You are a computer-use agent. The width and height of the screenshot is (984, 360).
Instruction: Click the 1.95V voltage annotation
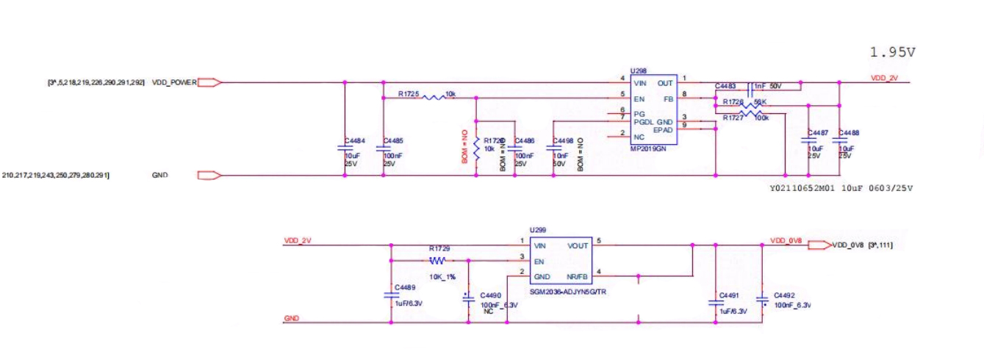click(x=892, y=52)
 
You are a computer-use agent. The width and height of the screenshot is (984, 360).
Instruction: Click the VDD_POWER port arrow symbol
click(x=209, y=82)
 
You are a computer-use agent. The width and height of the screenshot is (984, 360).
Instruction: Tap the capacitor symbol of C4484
click(x=345, y=147)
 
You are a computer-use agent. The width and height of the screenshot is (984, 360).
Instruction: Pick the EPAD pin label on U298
click(x=664, y=129)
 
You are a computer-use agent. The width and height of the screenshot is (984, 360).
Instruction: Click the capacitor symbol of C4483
click(x=749, y=89)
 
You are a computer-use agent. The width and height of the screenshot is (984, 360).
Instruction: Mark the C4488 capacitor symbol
click(x=839, y=140)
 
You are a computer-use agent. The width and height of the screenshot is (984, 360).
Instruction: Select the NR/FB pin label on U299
click(x=578, y=276)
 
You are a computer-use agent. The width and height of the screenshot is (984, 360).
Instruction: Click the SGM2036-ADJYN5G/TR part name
click(x=561, y=292)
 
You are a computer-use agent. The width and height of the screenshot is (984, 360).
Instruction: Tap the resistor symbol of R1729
click(x=438, y=259)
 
